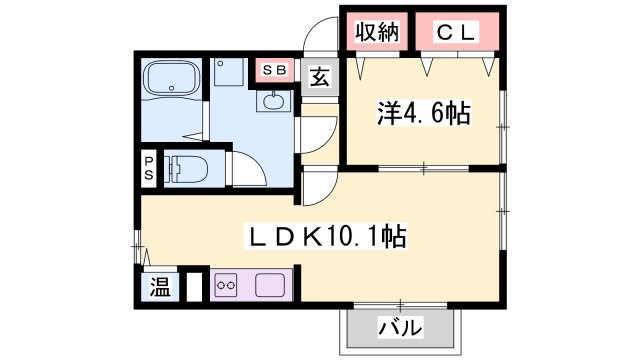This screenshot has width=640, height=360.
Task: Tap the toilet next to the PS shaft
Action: point(185,168)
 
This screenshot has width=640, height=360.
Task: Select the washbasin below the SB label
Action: point(273,100)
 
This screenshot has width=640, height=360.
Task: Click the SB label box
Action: point(274,70)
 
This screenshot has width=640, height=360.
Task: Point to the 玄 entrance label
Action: point(318,77)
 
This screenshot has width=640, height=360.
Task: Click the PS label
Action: point(148,168)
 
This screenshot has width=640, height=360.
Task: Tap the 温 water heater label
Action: point(160,287)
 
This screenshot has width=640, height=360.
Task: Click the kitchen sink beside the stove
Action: point(271,285)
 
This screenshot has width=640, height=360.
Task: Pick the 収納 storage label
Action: point(376,32)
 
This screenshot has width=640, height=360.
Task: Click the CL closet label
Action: point(456,32)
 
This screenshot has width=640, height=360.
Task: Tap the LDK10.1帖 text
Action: point(325,238)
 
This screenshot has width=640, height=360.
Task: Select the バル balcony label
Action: point(400,326)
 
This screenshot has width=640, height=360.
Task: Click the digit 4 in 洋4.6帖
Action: point(400,113)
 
